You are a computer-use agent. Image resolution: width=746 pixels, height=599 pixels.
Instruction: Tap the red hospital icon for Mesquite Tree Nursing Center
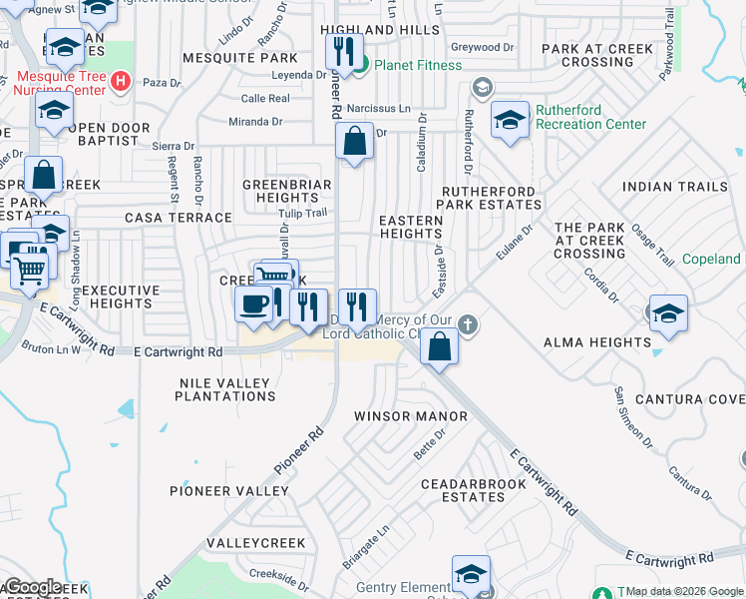[x=120, y=80]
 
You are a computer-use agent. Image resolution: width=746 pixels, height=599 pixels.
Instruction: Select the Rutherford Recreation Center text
[x=590, y=118]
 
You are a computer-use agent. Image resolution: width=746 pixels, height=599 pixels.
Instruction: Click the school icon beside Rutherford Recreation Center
[x=510, y=121]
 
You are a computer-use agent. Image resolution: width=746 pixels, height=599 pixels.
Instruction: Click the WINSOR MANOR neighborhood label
[x=411, y=415]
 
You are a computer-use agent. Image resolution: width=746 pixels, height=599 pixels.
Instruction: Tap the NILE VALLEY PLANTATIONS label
[x=224, y=389]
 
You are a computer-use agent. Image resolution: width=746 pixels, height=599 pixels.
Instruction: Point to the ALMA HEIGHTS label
[x=597, y=342]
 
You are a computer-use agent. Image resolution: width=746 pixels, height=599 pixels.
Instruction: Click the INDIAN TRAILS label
[x=668, y=187]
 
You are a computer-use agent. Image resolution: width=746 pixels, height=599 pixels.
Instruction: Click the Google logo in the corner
[x=33, y=587]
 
